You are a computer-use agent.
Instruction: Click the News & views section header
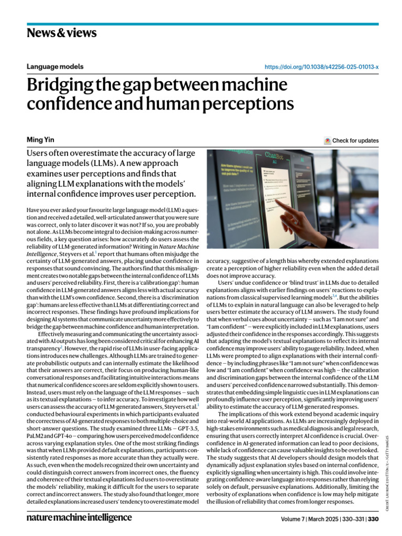(x=61, y=33)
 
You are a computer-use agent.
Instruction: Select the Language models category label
(x=55, y=66)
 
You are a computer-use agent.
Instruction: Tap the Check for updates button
(x=351, y=140)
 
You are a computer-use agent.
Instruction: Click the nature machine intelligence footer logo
(x=79, y=517)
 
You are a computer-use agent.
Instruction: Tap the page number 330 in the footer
(x=373, y=519)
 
